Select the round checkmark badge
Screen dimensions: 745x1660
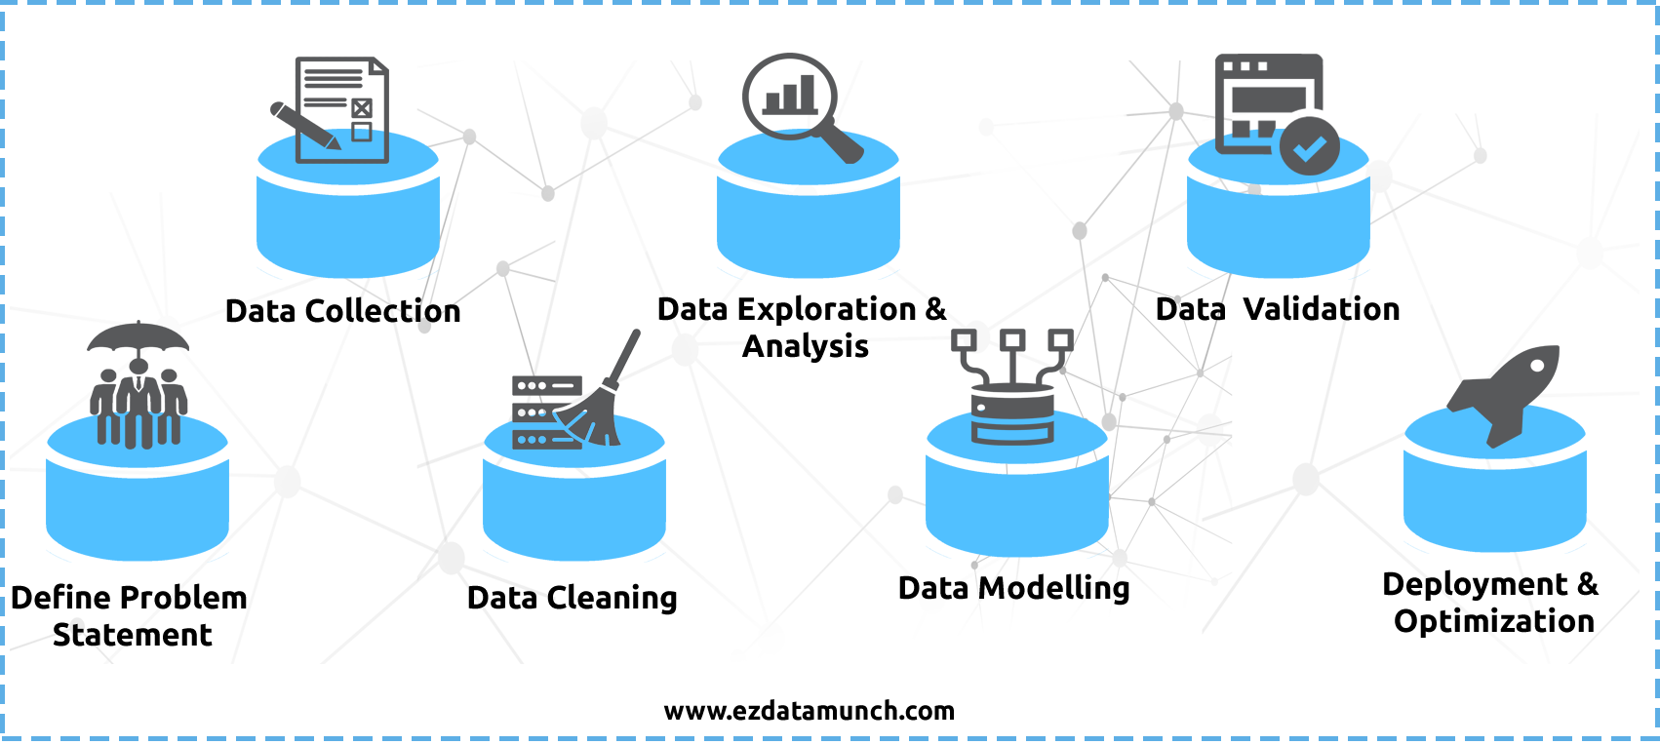click(1310, 147)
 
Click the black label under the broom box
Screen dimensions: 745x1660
click(573, 599)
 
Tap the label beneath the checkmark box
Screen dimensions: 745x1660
click(1277, 309)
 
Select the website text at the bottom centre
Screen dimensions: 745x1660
click(808, 711)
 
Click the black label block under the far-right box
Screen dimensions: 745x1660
click(1490, 604)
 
